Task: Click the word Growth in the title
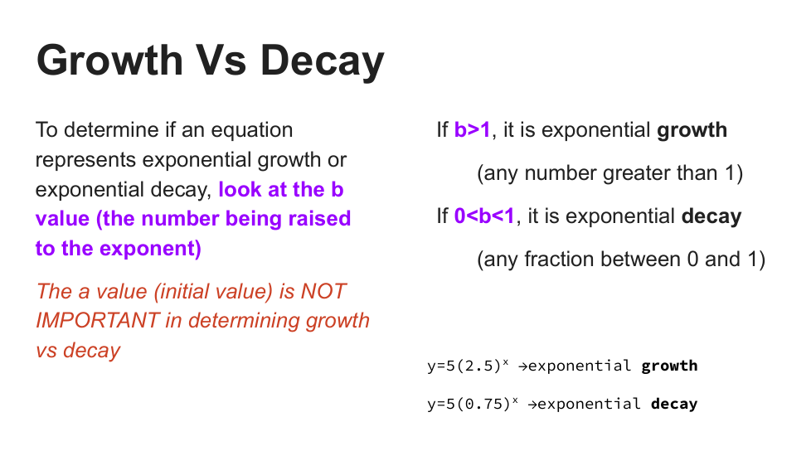pyautogui.click(x=109, y=60)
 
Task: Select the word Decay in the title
pyautogui.click(x=323, y=62)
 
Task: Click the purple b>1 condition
pyautogui.click(x=472, y=130)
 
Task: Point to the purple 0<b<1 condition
pyautogui.click(x=484, y=216)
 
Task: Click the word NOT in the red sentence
pyautogui.click(x=323, y=292)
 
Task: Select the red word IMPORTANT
pyautogui.click(x=98, y=321)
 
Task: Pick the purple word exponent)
pyautogui.click(x=150, y=250)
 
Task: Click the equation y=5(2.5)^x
pyautogui.click(x=468, y=366)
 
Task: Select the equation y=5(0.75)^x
pyautogui.click(x=473, y=403)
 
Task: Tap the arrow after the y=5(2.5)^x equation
pyautogui.click(x=523, y=366)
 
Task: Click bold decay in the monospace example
pyautogui.click(x=674, y=404)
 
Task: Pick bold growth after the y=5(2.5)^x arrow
pyautogui.click(x=669, y=366)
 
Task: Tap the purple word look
pyautogui.click(x=240, y=190)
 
